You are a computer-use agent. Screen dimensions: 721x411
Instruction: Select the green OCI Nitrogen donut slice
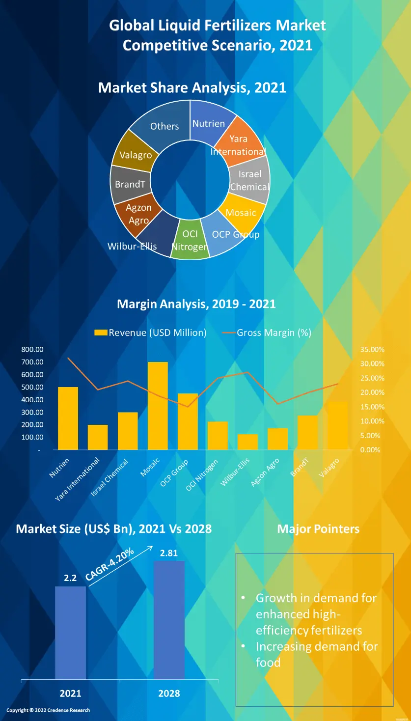pos(190,241)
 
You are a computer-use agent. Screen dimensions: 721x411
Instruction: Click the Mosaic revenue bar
pos(158,406)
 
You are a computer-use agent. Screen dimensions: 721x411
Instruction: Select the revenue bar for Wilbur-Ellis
pos(247,442)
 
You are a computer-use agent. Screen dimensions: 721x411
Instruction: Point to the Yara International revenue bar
pos(98,437)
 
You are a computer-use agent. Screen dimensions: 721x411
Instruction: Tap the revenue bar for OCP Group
pos(188,421)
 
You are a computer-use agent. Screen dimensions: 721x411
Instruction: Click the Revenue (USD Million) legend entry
pos(151,333)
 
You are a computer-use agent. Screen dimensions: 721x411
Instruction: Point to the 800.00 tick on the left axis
pos(32,350)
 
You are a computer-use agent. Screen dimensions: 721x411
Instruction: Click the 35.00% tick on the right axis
pos(372,350)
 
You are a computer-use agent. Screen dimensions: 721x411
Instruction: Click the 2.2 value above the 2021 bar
pos(70,578)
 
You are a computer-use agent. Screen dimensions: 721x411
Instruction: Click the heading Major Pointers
pos(318,529)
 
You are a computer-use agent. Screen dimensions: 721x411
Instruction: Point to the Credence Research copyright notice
pos(48,710)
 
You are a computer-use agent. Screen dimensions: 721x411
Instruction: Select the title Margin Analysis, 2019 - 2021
pos(196,304)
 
